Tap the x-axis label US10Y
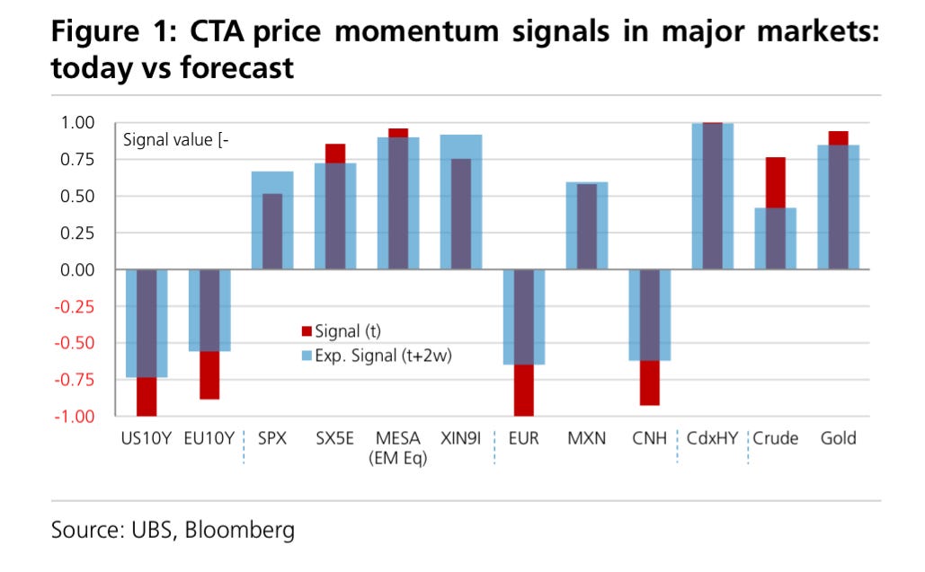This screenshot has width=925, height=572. (147, 439)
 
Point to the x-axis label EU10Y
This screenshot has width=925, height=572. (209, 439)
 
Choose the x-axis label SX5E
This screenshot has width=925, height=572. (334, 439)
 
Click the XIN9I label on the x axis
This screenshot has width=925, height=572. (461, 439)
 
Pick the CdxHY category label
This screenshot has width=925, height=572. (712, 439)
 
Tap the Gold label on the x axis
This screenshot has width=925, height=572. (838, 439)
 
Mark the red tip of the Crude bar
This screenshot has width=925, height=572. (775, 182)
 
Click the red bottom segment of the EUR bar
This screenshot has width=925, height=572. (524, 390)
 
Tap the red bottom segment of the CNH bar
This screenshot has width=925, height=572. (649, 383)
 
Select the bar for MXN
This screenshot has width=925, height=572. (586, 225)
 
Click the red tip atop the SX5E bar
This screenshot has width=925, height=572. (335, 154)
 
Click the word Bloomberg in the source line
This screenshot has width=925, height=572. (240, 531)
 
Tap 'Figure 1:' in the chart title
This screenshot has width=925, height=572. (104, 32)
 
